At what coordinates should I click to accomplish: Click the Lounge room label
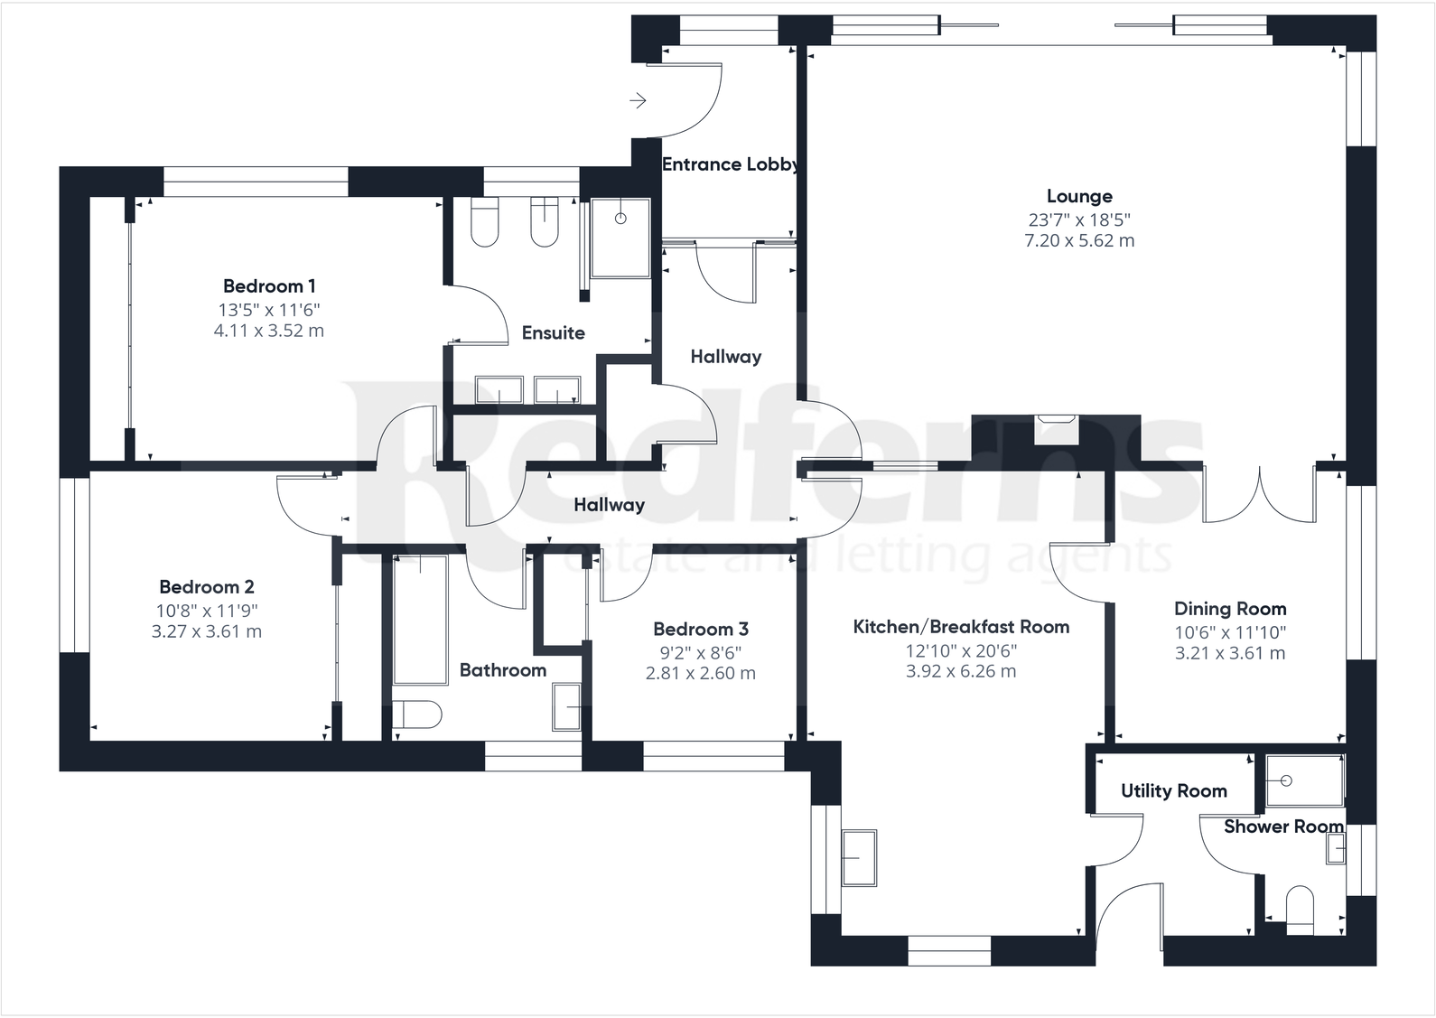(x=1079, y=196)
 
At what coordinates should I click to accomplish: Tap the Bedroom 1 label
(x=269, y=286)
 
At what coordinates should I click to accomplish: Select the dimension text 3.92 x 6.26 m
(x=961, y=671)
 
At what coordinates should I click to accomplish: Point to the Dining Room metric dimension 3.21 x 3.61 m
(x=1230, y=653)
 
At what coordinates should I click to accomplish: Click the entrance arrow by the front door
(x=638, y=100)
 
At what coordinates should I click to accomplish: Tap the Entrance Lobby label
(x=730, y=164)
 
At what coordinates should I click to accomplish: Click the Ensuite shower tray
(x=620, y=238)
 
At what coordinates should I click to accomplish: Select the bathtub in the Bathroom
(x=420, y=620)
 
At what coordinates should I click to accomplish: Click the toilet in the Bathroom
(x=417, y=714)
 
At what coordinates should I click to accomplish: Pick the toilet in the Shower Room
(x=1301, y=910)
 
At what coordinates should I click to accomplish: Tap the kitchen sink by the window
(x=859, y=858)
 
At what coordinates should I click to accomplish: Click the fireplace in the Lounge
(x=1057, y=429)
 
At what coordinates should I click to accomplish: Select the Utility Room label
(x=1174, y=791)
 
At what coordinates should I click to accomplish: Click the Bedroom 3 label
(x=701, y=629)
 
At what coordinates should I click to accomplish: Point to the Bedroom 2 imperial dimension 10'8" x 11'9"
(x=207, y=611)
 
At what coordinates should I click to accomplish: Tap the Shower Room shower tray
(x=1304, y=780)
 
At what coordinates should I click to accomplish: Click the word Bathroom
(x=503, y=670)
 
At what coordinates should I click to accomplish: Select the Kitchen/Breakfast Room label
(x=961, y=627)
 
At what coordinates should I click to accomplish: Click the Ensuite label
(x=554, y=333)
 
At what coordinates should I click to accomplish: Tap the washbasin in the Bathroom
(x=566, y=707)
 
